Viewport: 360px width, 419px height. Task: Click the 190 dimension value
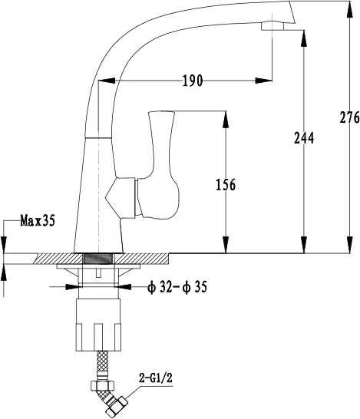(193, 81)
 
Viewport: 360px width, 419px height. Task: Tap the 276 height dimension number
(349, 117)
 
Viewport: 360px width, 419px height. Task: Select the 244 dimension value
(304, 138)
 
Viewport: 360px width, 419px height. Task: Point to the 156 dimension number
(226, 185)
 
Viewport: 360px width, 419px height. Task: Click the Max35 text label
(38, 221)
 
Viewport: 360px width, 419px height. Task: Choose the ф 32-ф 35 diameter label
(177, 288)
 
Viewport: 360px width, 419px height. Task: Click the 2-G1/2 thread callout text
(156, 378)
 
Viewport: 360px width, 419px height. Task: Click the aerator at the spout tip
(272, 26)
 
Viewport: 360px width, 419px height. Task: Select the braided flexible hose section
(102, 361)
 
